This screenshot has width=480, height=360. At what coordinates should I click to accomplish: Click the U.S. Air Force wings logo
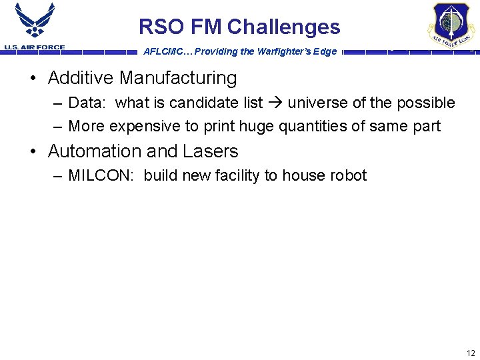click(x=35, y=21)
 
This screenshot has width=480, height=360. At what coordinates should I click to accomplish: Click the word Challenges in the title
click(x=283, y=27)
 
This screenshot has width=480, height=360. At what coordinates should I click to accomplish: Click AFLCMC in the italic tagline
click(x=162, y=52)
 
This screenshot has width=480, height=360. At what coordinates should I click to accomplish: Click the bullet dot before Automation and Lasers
click(x=33, y=152)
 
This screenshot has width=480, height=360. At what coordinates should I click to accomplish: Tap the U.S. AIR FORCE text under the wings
click(x=35, y=47)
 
